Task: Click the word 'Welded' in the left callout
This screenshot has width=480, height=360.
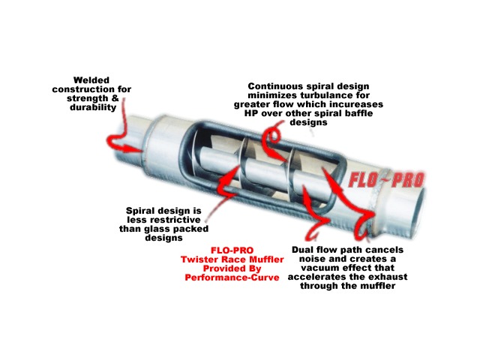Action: (x=91, y=80)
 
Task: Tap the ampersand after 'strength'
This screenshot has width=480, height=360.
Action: (x=115, y=98)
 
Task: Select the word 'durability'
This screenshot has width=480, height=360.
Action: (x=93, y=107)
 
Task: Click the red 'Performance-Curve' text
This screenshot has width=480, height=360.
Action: (x=232, y=277)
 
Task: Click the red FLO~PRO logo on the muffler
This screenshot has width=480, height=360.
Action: (x=386, y=180)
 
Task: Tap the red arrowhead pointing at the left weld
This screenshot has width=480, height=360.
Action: (x=135, y=149)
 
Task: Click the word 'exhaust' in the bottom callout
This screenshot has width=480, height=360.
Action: (x=389, y=277)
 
